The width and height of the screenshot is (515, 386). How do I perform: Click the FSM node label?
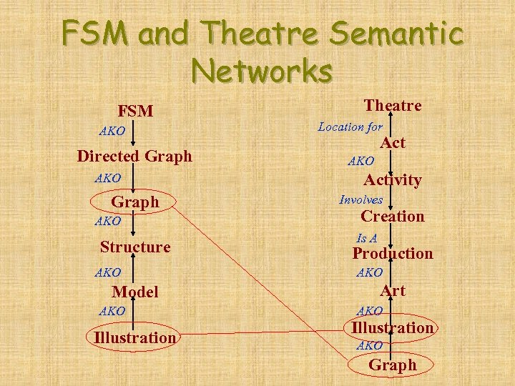(135, 111)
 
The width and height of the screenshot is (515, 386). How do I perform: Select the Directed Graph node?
(134, 156)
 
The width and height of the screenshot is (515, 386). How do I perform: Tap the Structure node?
(135, 247)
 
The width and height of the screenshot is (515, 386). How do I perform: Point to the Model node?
(134, 292)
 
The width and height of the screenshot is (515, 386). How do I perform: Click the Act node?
(393, 143)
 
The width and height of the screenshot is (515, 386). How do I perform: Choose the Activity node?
(393, 180)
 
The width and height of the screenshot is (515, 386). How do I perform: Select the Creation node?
(393, 217)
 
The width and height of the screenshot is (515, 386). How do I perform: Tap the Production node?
(393, 254)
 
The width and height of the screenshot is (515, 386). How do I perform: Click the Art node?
(393, 290)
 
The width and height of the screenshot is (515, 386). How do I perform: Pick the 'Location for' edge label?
(350, 127)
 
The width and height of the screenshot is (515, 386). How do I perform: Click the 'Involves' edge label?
(360, 200)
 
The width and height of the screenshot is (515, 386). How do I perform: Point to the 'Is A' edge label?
(367, 238)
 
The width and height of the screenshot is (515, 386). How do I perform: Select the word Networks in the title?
(262, 71)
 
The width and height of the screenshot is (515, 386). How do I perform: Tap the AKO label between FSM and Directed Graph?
(112, 132)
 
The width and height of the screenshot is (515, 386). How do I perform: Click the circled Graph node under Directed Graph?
(135, 202)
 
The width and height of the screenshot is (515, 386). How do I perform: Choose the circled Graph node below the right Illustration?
(392, 365)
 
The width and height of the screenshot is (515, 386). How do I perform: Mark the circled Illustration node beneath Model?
(134, 337)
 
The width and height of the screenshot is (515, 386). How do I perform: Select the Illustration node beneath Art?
(392, 328)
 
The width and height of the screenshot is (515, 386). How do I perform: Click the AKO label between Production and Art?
(369, 272)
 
